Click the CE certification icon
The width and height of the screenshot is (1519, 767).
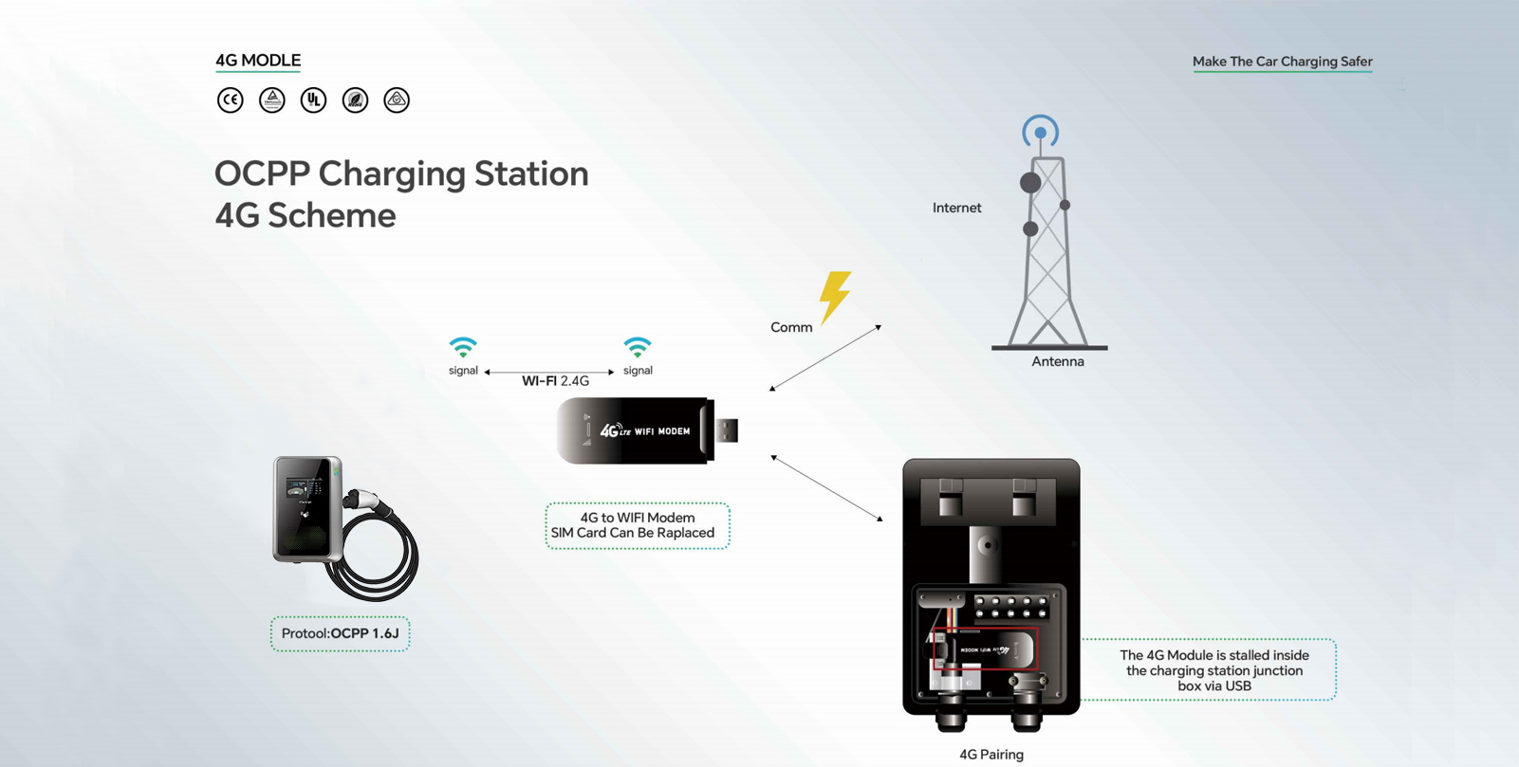230,100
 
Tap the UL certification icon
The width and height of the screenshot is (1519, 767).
313,100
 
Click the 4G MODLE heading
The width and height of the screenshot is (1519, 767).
258,61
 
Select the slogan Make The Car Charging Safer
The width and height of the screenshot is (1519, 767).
1282,62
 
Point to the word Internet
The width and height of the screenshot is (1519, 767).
956,208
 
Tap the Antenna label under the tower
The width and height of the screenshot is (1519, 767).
1057,361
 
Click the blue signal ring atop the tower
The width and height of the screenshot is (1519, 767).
1040,132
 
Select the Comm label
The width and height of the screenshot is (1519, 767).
791,327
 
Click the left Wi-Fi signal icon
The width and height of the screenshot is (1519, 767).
463,347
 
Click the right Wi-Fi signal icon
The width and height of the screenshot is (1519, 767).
638,347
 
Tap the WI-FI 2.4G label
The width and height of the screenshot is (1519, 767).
555,381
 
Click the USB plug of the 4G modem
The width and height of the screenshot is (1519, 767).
727,430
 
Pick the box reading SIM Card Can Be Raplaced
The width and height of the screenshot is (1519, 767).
637,525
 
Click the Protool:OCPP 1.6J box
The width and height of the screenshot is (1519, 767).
340,633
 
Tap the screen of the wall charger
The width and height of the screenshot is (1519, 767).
306,487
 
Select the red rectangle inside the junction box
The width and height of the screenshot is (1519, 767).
985,648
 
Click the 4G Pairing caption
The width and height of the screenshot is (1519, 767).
991,755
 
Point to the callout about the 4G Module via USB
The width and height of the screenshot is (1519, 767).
1213,670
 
